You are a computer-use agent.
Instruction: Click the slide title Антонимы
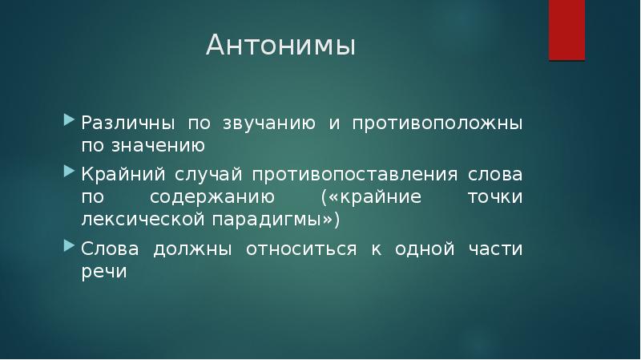point(280,46)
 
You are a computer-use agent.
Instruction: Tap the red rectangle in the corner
point(566,30)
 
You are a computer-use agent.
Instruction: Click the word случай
point(215,176)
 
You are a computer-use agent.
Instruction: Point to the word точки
point(495,197)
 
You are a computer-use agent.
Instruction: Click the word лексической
point(131,219)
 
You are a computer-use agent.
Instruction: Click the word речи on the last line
point(103,272)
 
